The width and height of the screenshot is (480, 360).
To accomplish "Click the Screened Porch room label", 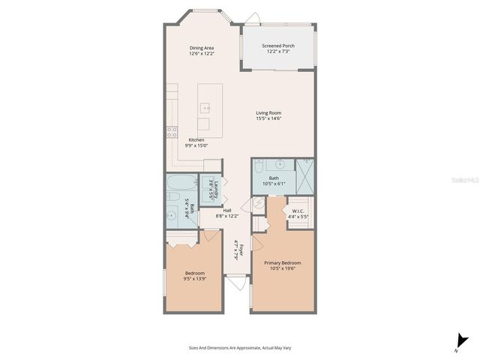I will pos(277,46).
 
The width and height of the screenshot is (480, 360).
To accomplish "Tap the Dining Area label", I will pos(202,48).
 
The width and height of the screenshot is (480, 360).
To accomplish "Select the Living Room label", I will pos(268,113).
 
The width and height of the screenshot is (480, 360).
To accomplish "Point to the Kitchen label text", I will pos(196,139).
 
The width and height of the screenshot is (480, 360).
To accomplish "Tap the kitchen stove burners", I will pos(172,132).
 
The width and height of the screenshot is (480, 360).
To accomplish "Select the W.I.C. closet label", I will pos(298,211).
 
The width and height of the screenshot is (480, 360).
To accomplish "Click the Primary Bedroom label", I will pos(282,262).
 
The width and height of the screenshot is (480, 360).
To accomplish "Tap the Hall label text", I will pos(226,210).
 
